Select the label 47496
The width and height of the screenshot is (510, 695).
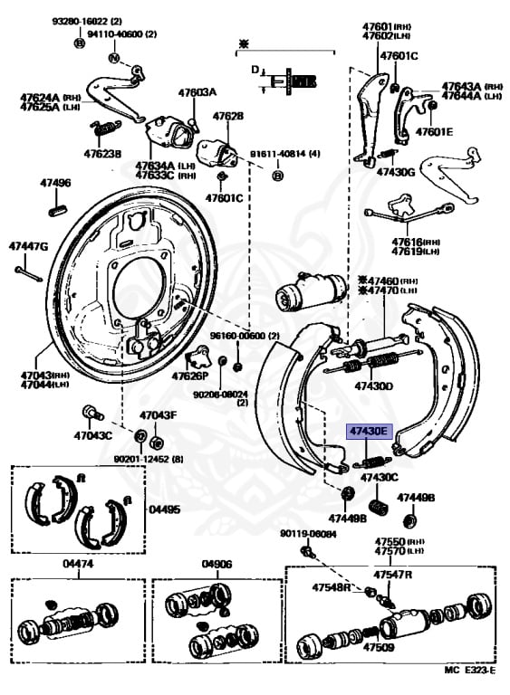coord(54,183)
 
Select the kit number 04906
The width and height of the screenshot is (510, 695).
coord(217,565)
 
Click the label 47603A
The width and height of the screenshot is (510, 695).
coord(197,92)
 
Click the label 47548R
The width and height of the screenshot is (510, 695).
coord(332,587)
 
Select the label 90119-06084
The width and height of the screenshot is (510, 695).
coord(308,534)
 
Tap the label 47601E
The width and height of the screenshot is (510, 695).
coord(434,131)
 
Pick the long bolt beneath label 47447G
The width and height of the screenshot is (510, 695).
coord(29,271)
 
